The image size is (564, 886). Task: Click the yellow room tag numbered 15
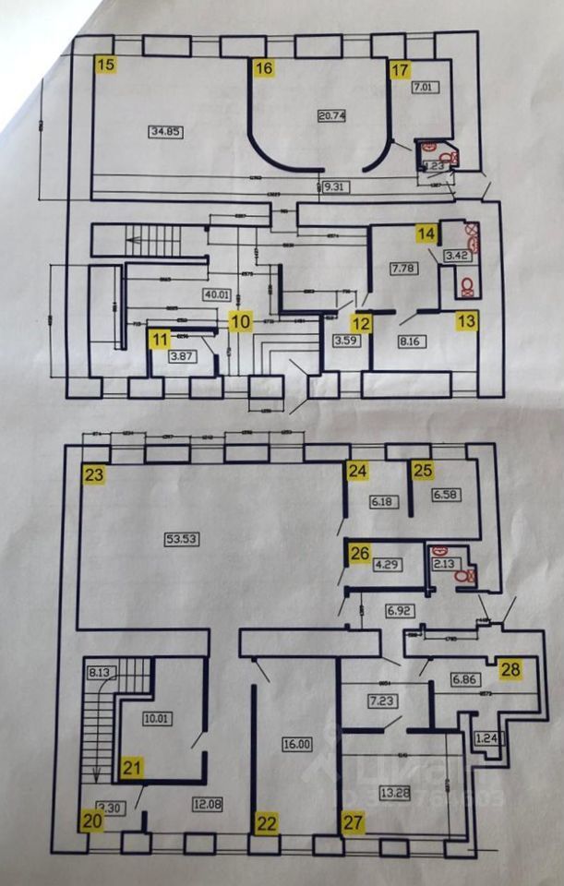point(107,65)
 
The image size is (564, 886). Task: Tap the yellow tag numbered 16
point(264,68)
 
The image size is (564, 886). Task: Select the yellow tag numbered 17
point(400,70)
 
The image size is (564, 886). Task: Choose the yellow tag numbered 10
point(240,322)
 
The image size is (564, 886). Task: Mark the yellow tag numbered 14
point(425,233)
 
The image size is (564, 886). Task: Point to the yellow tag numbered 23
point(92,475)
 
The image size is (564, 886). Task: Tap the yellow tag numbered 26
point(359,554)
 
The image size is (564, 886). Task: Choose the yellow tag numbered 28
point(510,668)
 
